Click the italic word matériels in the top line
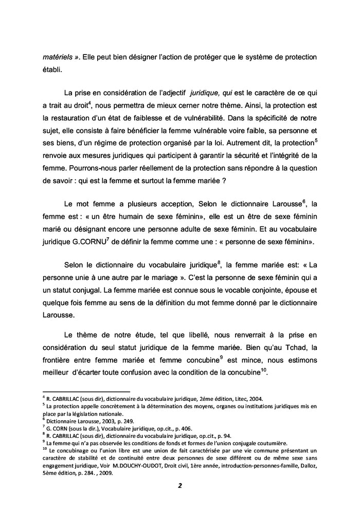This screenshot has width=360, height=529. coord(56,56)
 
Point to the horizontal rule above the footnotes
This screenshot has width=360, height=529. coord(86,392)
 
